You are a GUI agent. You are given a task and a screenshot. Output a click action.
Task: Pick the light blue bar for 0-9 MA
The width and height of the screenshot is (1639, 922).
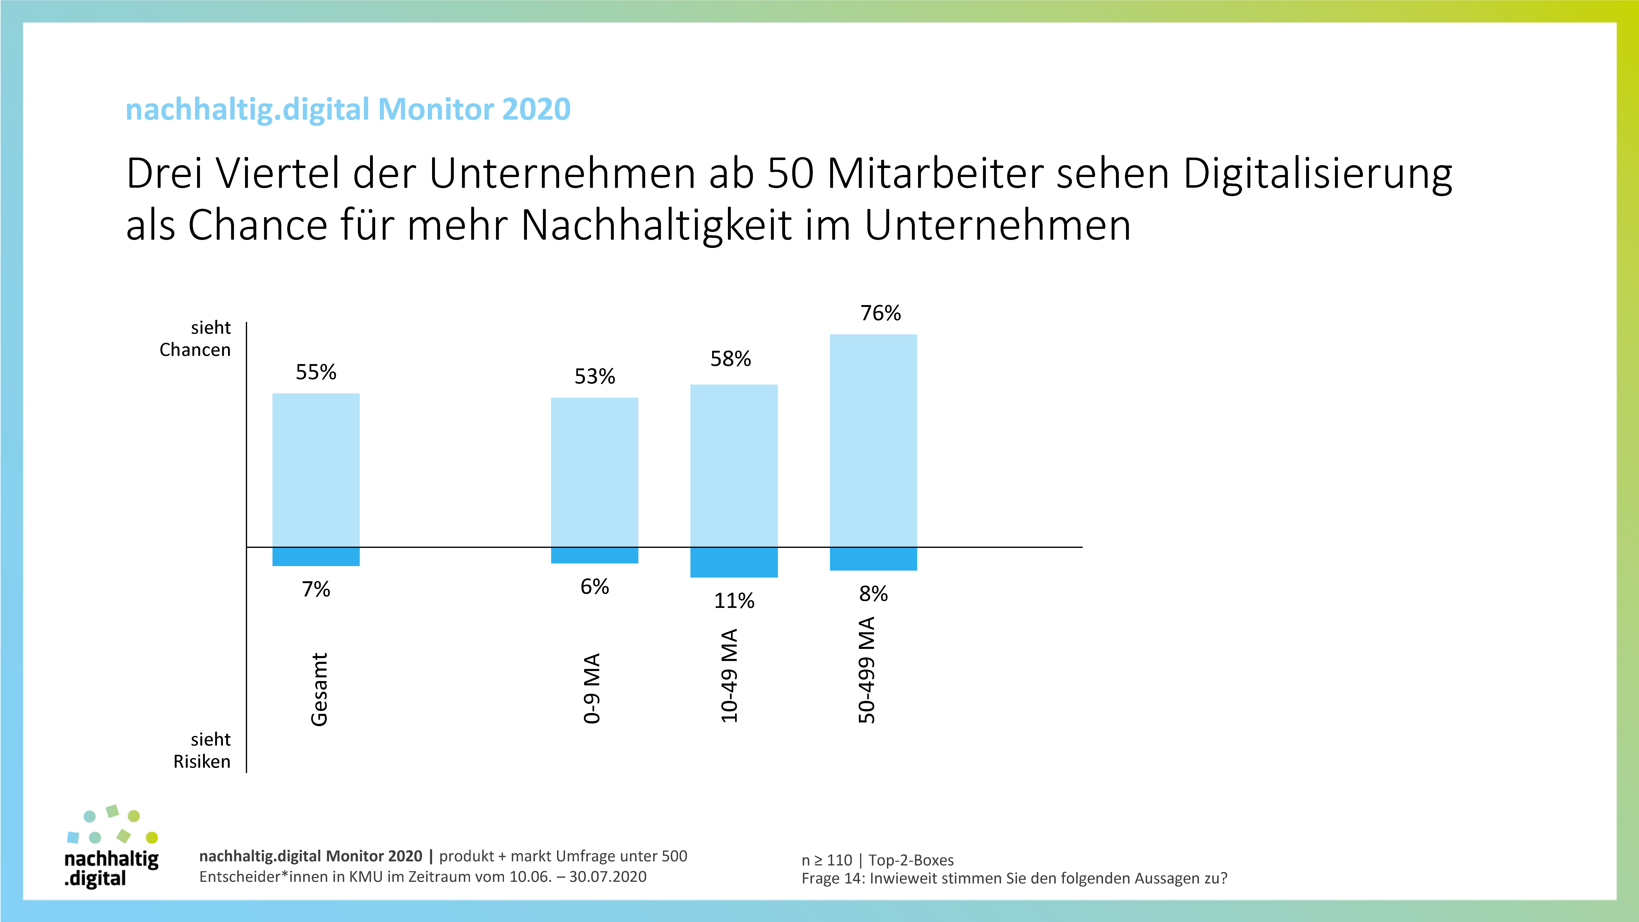pos(594,472)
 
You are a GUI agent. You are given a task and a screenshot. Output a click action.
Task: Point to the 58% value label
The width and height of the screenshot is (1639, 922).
pos(730,359)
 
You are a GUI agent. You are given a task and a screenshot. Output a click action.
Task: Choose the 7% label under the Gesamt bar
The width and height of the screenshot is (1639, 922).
pos(316,589)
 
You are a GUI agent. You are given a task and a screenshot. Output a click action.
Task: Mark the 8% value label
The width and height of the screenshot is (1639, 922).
pos(873,594)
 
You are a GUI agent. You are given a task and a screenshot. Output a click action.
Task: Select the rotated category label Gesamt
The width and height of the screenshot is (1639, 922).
pos(319,689)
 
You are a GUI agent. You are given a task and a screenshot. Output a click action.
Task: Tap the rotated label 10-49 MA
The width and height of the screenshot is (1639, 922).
pos(729,676)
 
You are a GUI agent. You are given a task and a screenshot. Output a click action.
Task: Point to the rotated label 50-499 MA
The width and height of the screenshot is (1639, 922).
pos(867,670)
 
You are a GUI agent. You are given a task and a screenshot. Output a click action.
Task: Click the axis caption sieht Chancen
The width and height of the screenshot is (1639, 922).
pos(195,338)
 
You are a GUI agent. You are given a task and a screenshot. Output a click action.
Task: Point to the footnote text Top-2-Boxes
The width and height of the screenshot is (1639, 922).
pos(911,860)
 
